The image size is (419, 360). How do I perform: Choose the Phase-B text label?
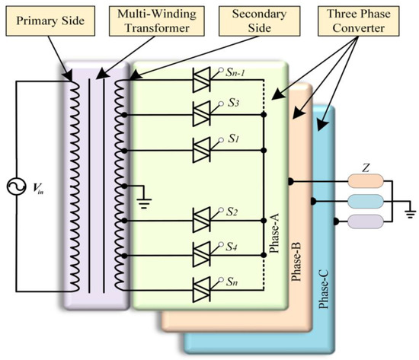coord(299,260)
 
